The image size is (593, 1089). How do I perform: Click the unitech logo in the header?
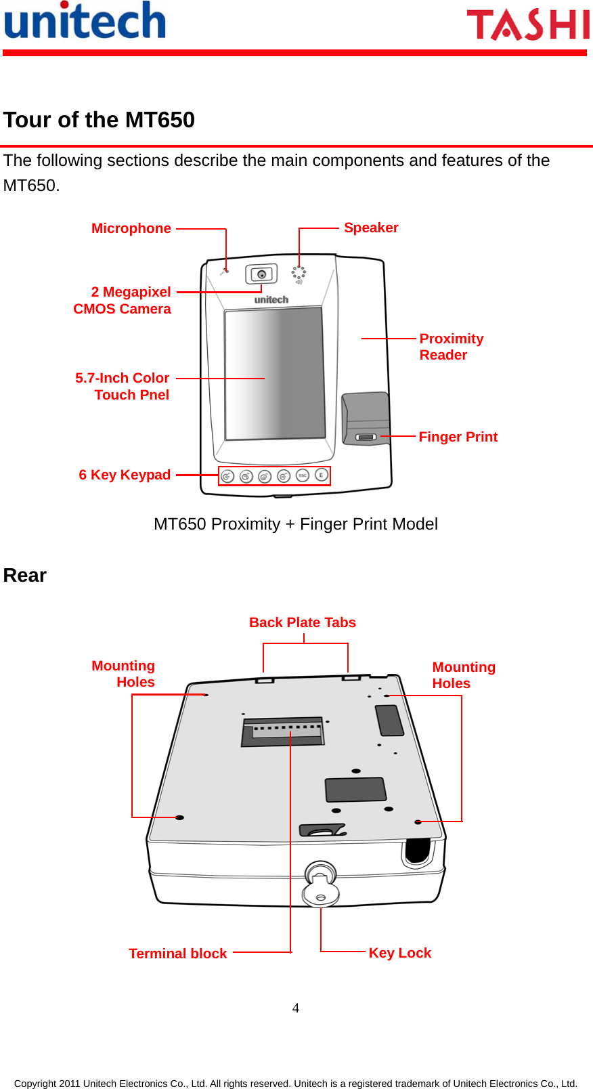pyautogui.click(x=85, y=22)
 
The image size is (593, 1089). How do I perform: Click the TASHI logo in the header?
pyautogui.click(x=528, y=25)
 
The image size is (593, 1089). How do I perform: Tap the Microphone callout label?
pyautogui.click(x=131, y=229)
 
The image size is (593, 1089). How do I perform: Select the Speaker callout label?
pyautogui.click(x=371, y=228)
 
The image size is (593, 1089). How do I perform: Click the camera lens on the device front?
pyautogui.click(x=261, y=274)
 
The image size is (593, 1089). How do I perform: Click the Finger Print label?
pyautogui.click(x=458, y=437)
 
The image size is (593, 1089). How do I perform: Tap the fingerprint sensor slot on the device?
pyautogui.click(x=366, y=437)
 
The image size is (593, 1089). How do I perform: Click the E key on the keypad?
pyautogui.click(x=322, y=475)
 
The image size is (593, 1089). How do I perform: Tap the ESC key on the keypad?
pyautogui.click(x=303, y=475)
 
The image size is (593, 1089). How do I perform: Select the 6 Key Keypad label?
pyautogui.click(x=125, y=475)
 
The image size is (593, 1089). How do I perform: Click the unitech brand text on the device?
pyautogui.click(x=271, y=299)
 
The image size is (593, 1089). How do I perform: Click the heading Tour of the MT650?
pyautogui.click(x=99, y=120)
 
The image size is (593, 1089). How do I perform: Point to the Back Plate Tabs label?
pyautogui.click(x=302, y=622)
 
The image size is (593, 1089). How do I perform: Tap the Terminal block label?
pyautogui.click(x=177, y=954)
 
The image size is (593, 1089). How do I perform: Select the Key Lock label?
pyautogui.click(x=399, y=953)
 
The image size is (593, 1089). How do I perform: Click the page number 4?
pyautogui.click(x=296, y=1008)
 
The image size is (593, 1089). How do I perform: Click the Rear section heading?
pyautogui.click(x=25, y=576)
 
